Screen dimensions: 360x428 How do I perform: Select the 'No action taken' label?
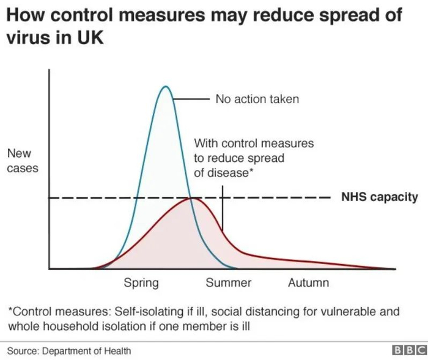pyautogui.click(x=257, y=98)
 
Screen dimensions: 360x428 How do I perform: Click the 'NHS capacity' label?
pyautogui.click(x=379, y=197)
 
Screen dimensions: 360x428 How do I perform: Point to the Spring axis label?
pyautogui.click(x=141, y=282)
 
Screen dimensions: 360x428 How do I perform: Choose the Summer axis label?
pyautogui.click(x=228, y=282)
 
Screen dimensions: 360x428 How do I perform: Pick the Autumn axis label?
pyautogui.click(x=308, y=282)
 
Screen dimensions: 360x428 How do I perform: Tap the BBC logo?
pyautogui.click(x=408, y=350)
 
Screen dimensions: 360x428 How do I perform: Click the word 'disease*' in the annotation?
pyautogui.click(x=224, y=172)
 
